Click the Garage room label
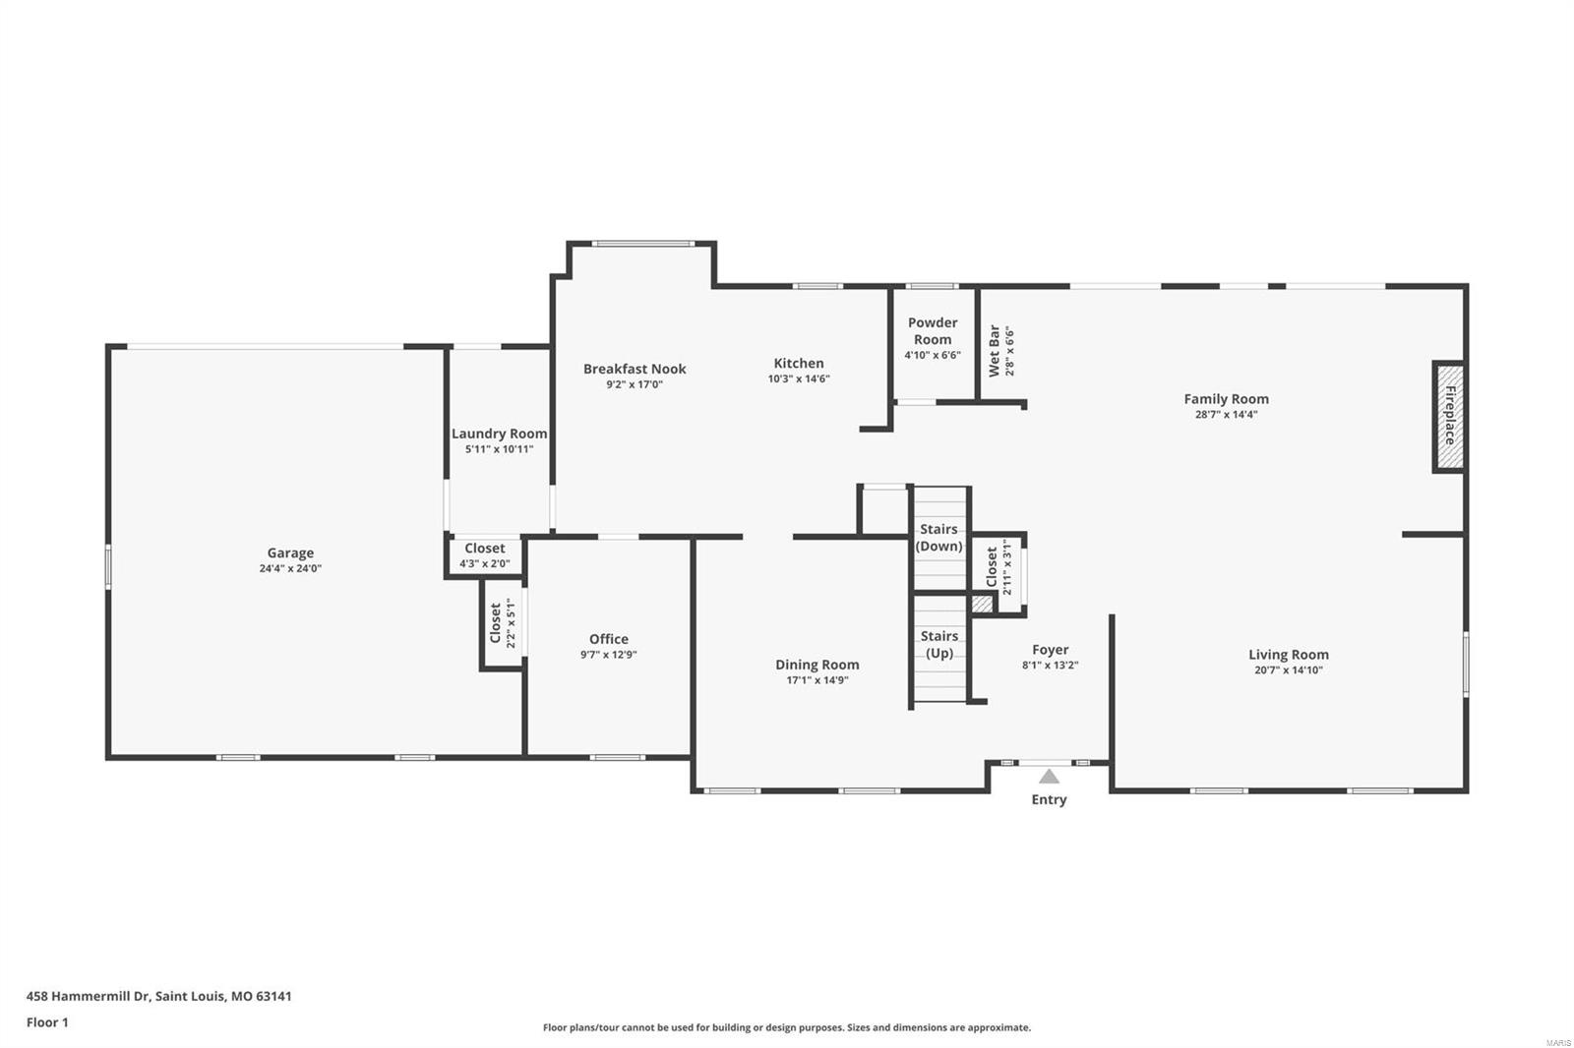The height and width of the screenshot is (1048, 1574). (290, 553)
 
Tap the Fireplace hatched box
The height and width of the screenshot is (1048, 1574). (1448, 417)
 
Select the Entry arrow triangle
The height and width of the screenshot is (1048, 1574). (1049, 776)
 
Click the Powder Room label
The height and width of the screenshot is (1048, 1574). (932, 330)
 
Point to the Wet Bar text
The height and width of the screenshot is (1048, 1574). (995, 351)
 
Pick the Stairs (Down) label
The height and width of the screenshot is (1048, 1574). (938, 538)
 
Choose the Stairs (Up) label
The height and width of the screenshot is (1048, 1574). (938, 644)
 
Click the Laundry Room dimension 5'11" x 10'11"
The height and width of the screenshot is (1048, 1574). (499, 449)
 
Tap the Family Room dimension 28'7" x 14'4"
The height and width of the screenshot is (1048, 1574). (1226, 414)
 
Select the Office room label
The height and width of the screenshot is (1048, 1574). (608, 639)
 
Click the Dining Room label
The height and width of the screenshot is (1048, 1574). (817, 665)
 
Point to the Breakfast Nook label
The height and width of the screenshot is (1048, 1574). (635, 369)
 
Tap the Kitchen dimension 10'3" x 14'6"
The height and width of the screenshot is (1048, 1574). (799, 378)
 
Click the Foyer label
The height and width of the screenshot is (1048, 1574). (1050, 650)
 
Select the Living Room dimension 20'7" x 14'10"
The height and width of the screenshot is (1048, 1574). (1288, 670)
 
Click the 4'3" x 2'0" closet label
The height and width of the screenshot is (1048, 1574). (484, 563)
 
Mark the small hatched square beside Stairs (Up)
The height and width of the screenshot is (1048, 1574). (982, 605)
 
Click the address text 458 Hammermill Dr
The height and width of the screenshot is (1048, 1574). (89, 996)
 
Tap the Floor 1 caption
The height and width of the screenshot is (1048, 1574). (47, 1022)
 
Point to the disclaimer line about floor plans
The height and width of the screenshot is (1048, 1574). (786, 1027)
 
